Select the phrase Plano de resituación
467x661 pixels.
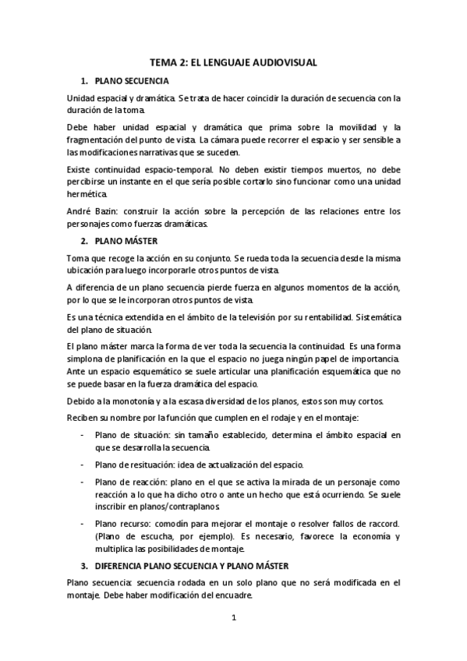[x=138, y=465]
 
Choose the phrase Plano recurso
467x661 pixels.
[x=123, y=523]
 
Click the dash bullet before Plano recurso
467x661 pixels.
[x=83, y=523]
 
